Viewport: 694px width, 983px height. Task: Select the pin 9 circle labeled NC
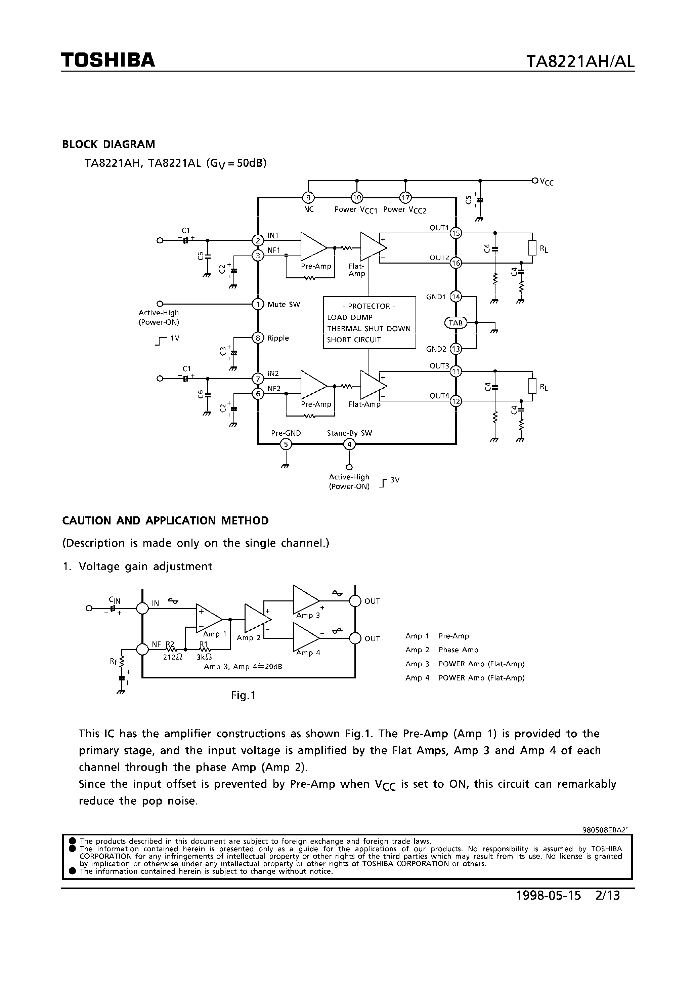tap(308, 197)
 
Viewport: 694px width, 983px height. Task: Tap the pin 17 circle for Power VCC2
tap(405, 197)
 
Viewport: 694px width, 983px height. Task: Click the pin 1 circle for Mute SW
tap(258, 304)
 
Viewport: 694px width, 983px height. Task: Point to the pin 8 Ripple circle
tap(258, 338)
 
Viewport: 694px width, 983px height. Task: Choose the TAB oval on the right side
tap(456, 323)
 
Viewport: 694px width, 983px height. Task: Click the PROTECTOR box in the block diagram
tap(369, 323)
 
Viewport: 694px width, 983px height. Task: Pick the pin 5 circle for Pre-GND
tap(286, 444)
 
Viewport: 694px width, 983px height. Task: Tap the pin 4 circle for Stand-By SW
tap(350, 444)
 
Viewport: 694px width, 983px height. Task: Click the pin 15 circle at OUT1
tap(456, 233)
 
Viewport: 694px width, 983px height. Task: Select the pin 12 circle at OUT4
tap(456, 401)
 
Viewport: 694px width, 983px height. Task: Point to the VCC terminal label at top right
tap(547, 182)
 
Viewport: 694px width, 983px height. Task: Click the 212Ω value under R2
tap(173, 657)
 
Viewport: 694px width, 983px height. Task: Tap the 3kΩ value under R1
tap(204, 657)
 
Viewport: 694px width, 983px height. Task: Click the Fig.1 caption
tap(243, 695)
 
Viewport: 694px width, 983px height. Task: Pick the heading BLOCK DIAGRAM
tap(109, 144)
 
